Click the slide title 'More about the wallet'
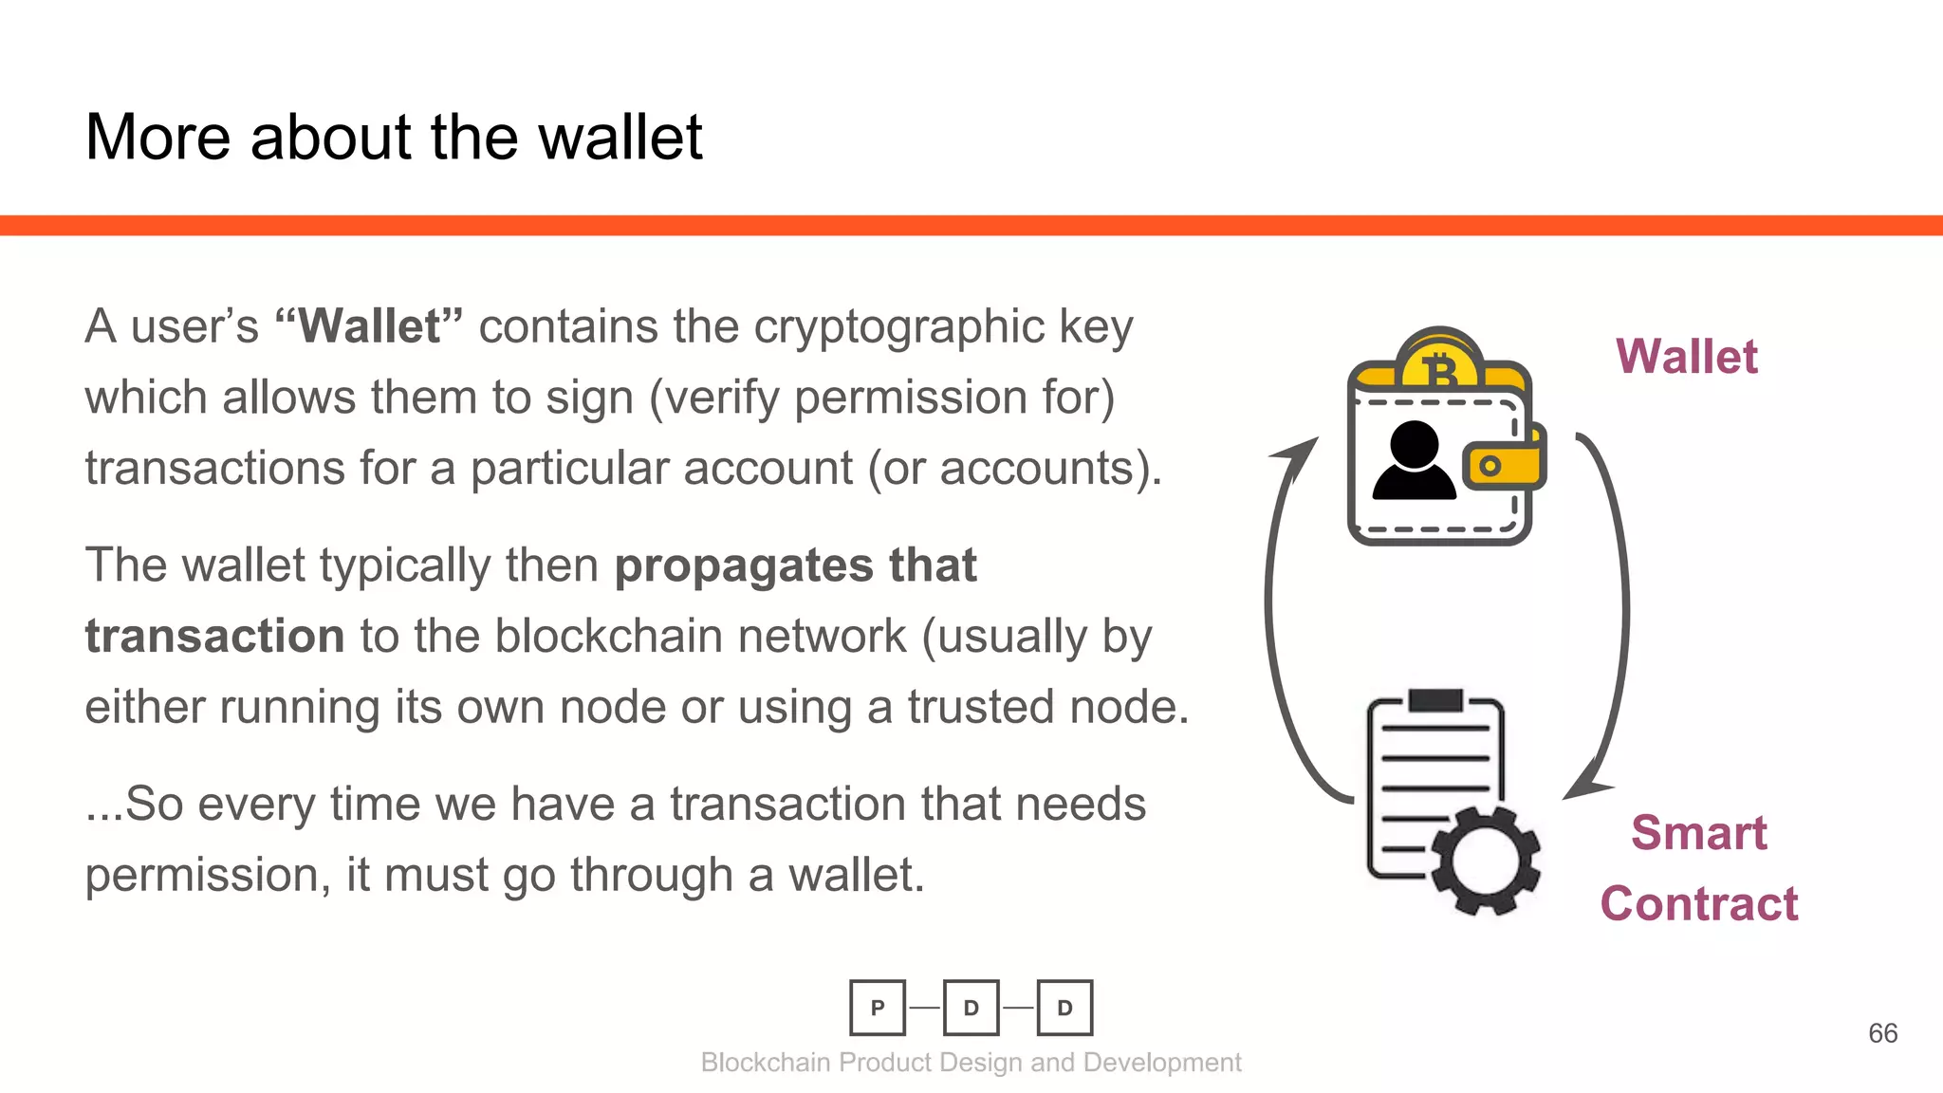(394, 138)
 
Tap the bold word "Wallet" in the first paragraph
(369, 326)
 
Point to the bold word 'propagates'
(743, 566)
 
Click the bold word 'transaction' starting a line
(214, 636)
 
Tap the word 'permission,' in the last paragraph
(208, 875)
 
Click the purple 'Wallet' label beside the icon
(1687, 358)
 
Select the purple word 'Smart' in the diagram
(1699, 833)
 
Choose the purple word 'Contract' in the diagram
(1699, 903)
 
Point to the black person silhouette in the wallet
(1414, 461)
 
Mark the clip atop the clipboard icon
(1435, 700)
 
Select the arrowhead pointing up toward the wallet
(1299, 454)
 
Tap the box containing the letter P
(878, 1008)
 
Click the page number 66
(1882, 1033)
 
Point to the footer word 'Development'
(1162, 1063)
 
